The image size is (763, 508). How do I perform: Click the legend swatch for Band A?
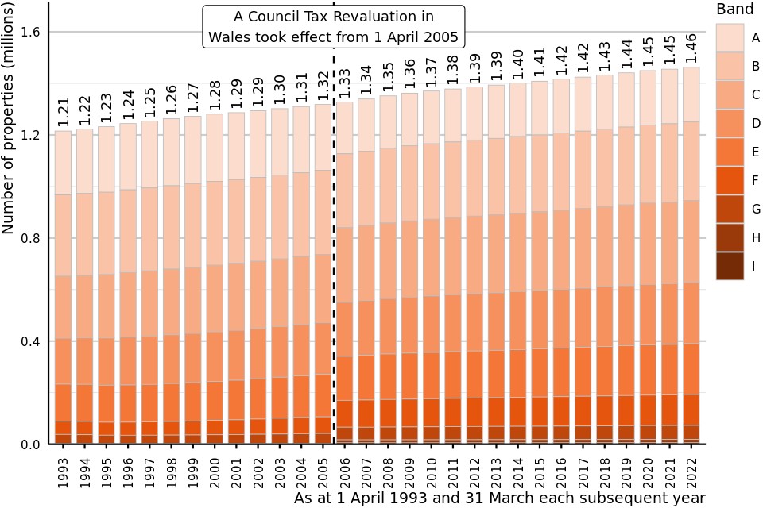pyautogui.click(x=730, y=37)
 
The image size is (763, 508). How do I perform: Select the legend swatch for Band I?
pyautogui.click(x=730, y=266)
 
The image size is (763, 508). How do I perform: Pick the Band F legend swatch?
pyautogui.click(x=730, y=180)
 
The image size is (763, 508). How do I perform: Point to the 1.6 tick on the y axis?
pyautogui.click(x=33, y=32)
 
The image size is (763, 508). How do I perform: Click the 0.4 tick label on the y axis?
pyautogui.click(x=33, y=341)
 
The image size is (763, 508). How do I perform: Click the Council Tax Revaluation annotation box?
pyautogui.click(x=333, y=27)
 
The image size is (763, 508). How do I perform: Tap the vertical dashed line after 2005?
pyautogui.click(x=334, y=238)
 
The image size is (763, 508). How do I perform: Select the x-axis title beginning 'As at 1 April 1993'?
pyautogui.click(x=499, y=498)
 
